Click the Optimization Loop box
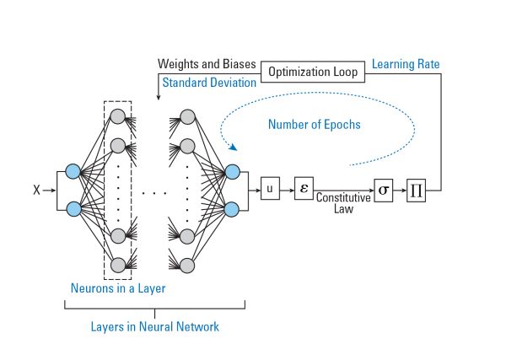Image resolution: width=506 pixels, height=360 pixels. coord(313,73)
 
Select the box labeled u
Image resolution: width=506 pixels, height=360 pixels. coord(271,190)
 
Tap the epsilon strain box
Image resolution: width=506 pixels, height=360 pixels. coord(304,190)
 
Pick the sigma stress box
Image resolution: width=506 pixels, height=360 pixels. coord(384,190)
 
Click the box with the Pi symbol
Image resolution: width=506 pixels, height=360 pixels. coord(417,190)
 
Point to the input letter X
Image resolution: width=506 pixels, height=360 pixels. coord(35,191)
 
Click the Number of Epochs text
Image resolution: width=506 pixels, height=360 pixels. coord(314,125)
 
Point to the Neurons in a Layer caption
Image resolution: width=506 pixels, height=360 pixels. coord(117,288)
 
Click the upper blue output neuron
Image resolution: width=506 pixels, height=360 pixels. coord(233,173)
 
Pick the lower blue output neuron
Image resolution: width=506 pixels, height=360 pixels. coord(233,207)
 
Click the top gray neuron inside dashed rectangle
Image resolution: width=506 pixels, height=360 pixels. coord(118,116)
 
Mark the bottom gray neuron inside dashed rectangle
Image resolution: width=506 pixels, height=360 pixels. coord(118,264)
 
